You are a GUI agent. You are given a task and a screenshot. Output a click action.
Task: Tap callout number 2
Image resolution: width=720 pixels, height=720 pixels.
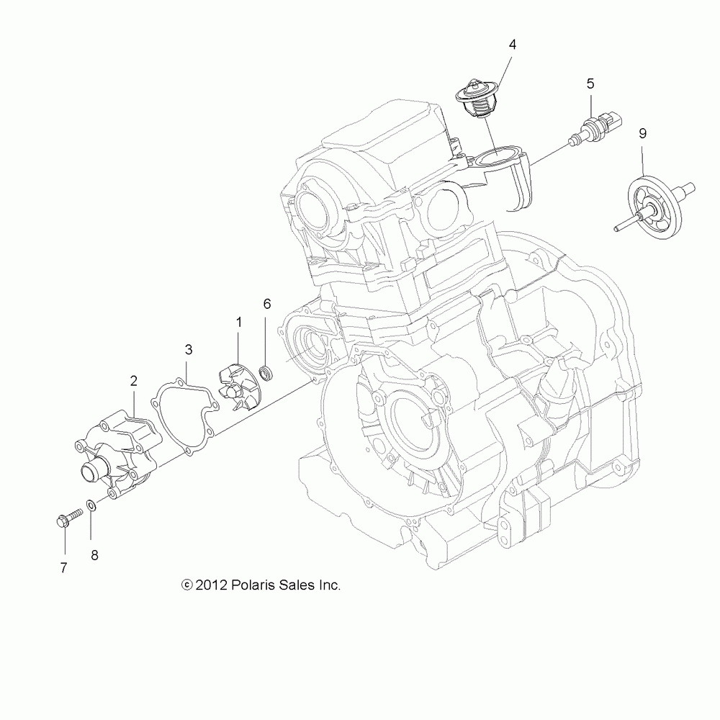click(x=134, y=381)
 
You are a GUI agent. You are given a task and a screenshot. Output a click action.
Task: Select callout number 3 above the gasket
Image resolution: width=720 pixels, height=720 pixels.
click(x=189, y=350)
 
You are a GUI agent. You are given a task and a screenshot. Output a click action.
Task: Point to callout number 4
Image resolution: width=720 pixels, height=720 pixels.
click(x=512, y=45)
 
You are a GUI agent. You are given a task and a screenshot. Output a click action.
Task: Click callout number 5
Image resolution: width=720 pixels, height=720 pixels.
click(x=590, y=84)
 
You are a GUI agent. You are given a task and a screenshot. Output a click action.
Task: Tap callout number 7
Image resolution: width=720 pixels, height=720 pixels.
click(x=63, y=567)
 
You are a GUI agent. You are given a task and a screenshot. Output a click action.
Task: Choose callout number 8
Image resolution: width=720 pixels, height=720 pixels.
click(x=94, y=554)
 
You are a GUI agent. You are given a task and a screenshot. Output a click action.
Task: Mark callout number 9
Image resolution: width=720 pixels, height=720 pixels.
click(x=642, y=133)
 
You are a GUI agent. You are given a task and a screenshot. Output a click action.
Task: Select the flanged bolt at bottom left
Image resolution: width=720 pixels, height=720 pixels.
click(x=64, y=519)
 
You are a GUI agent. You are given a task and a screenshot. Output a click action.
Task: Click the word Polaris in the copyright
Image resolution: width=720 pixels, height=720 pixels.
click(x=257, y=585)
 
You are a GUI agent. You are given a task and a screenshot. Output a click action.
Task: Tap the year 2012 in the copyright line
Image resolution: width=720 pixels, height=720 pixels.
click(x=212, y=585)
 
